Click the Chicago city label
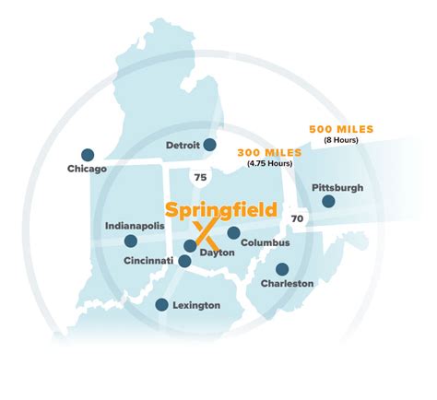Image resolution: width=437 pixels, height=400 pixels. [x=88, y=170]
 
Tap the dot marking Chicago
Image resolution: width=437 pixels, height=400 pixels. [x=88, y=155]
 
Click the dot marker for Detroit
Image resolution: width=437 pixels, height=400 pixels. [x=210, y=144]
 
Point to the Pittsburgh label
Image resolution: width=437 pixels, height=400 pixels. [x=337, y=187]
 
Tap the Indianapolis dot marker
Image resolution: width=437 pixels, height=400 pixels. [x=131, y=241]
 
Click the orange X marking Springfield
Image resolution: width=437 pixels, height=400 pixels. [x=204, y=238]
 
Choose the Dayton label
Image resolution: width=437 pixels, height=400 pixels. [x=218, y=252]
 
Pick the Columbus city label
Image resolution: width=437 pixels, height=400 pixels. [x=266, y=243]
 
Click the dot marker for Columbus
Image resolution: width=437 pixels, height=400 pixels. [x=234, y=232]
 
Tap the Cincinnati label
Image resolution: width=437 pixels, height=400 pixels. [x=150, y=261]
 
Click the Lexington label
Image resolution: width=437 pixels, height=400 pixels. [x=195, y=305]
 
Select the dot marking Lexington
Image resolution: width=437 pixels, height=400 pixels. [x=162, y=304]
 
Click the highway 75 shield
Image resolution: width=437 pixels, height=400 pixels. [x=200, y=175]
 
